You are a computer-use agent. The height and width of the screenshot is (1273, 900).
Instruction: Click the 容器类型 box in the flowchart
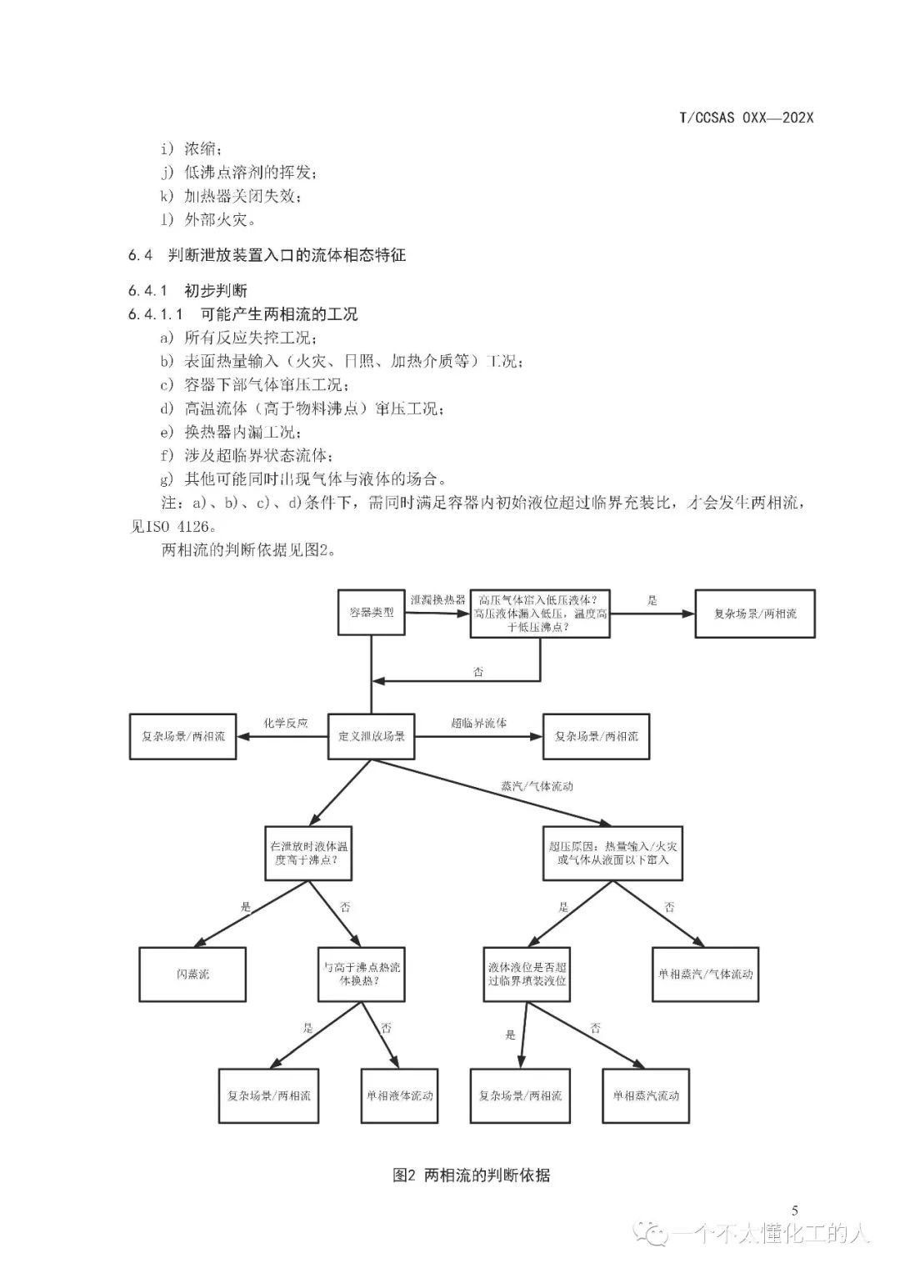[x=371, y=613]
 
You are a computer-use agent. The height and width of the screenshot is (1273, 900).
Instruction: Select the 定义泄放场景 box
[x=372, y=736]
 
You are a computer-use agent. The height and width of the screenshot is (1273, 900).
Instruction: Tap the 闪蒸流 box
[x=192, y=974]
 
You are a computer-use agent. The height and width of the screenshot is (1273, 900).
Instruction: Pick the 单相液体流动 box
[x=400, y=1095]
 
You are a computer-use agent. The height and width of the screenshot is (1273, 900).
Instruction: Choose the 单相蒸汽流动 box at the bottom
[x=646, y=1095]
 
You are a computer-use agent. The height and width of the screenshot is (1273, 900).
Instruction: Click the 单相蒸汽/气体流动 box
[x=705, y=974]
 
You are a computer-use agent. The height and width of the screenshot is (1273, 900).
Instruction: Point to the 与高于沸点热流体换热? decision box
[x=362, y=974]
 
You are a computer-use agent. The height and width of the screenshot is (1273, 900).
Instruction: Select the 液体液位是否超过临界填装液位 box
[x=527, y=974]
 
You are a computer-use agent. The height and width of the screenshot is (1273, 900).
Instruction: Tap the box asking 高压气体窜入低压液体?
[x=540, y=614]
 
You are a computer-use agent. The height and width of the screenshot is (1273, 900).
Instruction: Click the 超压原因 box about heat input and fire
[x=613, y=852]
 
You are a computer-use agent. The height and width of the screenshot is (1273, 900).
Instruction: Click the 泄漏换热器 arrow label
[x=437, y=599]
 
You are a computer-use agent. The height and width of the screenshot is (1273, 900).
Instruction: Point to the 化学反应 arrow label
[x=286, y=723]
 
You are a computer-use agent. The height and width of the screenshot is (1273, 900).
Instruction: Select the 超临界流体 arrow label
[x=479, y=723]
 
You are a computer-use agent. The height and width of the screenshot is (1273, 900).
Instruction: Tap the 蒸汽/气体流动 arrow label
[x=537, y=785]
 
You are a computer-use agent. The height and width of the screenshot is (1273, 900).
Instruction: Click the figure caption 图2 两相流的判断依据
[x=471, y=1175]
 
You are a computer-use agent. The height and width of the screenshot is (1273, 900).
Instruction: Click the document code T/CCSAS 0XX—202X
[x=747, y=118]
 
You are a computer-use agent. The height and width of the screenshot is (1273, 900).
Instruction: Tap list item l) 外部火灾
[x=210, y=220]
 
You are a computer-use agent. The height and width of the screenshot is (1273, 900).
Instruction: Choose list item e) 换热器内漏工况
[x=231, y=433]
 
